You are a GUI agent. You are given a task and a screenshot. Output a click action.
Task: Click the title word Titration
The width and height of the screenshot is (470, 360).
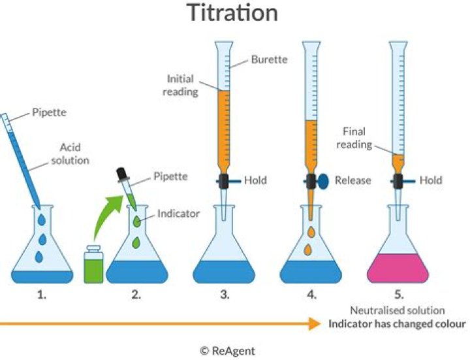pyautogui.click(x=232, y=13)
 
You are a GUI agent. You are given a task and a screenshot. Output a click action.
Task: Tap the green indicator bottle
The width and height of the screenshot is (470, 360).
pyautogui.click(x=95, y=265)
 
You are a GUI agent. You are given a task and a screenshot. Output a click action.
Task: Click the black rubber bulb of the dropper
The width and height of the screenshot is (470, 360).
pyautogui.click(x=121, y=173)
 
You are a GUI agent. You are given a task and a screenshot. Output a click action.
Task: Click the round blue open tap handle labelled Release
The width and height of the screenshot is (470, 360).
pyautogui.click(x=324, y=181)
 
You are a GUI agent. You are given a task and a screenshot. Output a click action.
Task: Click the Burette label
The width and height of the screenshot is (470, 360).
pyautogui.click(x=270, y=60)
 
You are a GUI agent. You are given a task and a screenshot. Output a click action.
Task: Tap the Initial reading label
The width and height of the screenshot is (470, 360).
pyautogui.click(x=180, y=86)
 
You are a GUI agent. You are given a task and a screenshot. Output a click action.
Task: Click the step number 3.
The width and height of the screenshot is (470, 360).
pyautogui.click(x=225, y=295)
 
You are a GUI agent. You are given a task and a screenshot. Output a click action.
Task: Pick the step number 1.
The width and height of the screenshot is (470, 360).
pyautogui.click(x=42, y=295)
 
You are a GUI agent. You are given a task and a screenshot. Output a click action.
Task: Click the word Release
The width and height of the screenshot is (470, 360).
pyautogui.click(x=352, y=180)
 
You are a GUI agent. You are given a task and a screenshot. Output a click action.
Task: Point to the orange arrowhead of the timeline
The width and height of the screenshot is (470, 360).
pyautogui.click(x=313, y=323)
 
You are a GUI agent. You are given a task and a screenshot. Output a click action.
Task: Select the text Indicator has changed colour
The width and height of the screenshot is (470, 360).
pyautogui.click(x=397, y=323)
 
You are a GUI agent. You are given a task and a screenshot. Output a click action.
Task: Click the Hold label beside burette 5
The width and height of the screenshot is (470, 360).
pyautogui.click(x=431, y=180)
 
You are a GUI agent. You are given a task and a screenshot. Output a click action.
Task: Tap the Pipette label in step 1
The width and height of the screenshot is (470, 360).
pyautogui.click(x=49, y=113)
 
